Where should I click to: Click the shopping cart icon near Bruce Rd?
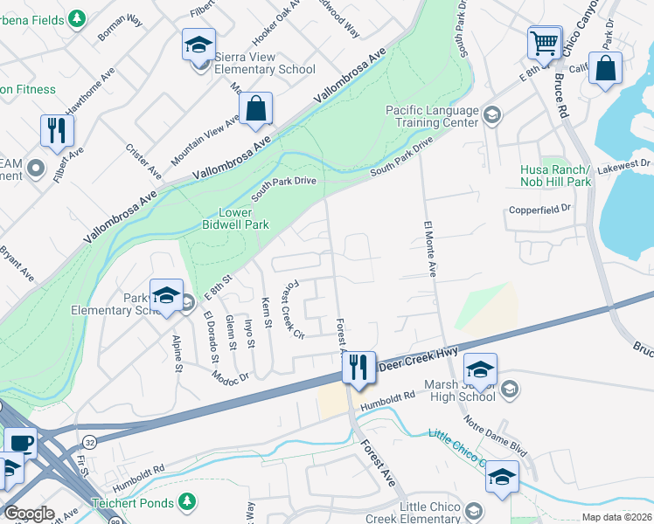[x=544, y=41]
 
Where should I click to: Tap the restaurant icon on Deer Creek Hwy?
[x=358, y=367]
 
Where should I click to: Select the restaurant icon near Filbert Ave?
[x=57, y=130]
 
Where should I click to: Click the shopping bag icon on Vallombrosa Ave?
[x=255, y=108]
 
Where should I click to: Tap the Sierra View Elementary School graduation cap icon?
[x=198, y=44]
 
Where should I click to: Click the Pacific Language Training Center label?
[x=434, y=117]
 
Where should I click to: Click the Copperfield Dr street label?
[x=540, y=209]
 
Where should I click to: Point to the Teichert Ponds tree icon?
[x=186, y=501]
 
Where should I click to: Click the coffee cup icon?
[x=21, y=442]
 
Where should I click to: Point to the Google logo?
[x=29, y=514]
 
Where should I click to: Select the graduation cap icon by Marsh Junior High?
[x=479, y=369]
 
